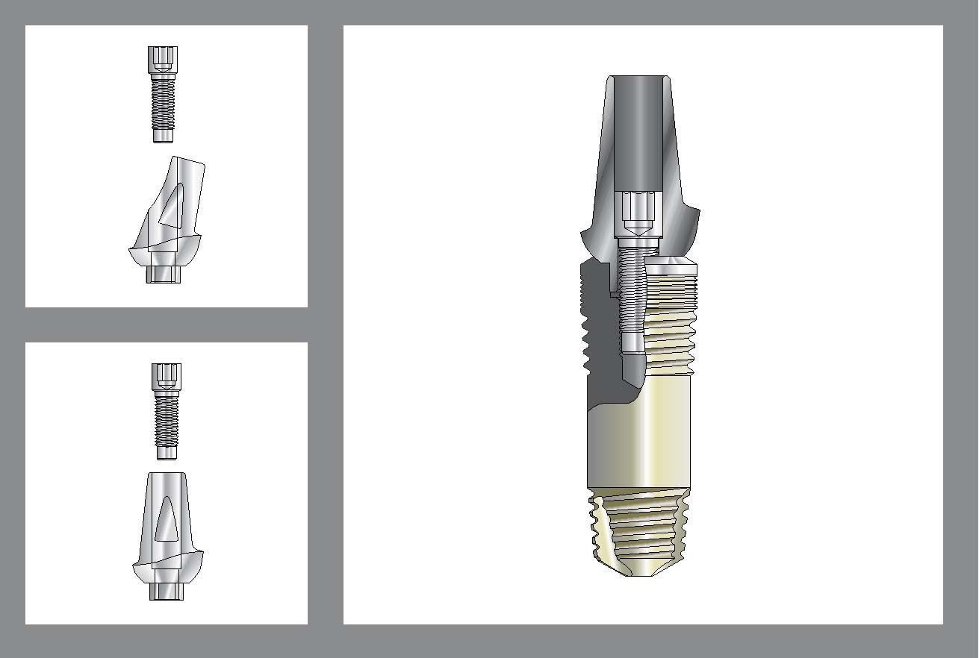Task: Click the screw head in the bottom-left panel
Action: [x=167, y=376]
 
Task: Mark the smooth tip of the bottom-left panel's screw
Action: [x=167, y=452]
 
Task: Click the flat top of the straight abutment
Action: [x=167, y=474]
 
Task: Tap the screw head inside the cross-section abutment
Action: [x=638, y=213]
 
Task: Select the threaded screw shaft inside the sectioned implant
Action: [x=633, y=291]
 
